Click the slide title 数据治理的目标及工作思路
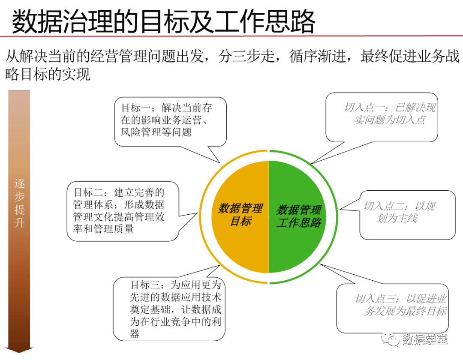[x=163, y=21]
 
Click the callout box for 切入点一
[x=382, y=116]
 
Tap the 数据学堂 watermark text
[x=425, y=340]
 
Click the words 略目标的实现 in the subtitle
[x=48, y=74]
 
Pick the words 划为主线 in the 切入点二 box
[x=397, y=219]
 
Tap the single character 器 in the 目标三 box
[x=135, y=334]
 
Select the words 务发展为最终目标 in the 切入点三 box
[x=405, y=312]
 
